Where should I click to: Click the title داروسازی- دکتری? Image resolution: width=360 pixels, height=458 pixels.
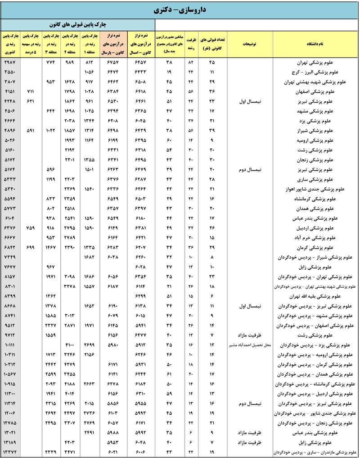(180, 9)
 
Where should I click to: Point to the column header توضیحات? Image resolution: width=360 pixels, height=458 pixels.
(249, 44)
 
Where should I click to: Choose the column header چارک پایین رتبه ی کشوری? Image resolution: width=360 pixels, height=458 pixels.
(10, 44)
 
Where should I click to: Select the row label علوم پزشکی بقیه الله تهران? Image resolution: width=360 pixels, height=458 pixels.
(315, 296)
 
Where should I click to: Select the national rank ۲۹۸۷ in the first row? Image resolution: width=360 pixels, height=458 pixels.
(10, 62)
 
